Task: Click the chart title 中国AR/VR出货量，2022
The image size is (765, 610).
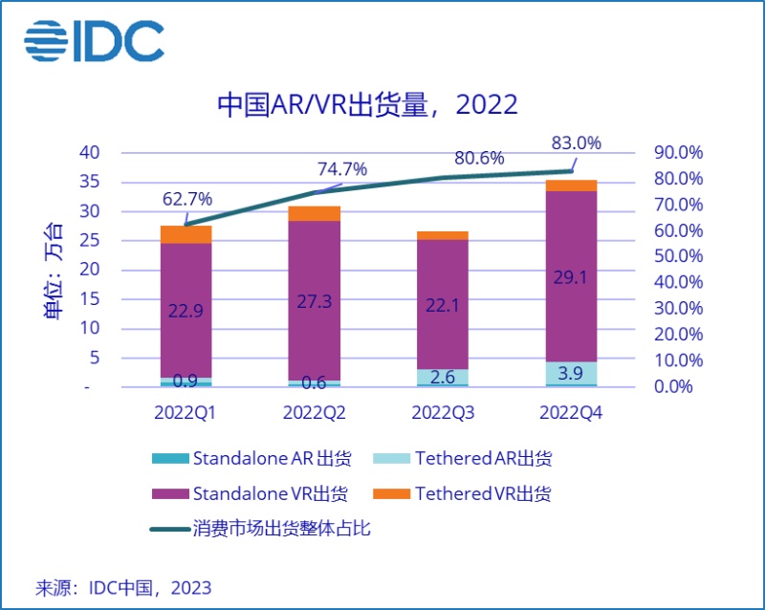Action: (x=367, y=104)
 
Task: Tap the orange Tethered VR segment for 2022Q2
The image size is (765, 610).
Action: (x=315, y=213)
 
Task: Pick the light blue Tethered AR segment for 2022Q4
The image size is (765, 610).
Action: (x=572, y=373)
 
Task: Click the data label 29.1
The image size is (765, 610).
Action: (x=572, y=278)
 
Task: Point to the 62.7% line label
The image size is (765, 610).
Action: (x=186, y=199)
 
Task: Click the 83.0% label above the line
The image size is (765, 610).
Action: (x=576, y=143)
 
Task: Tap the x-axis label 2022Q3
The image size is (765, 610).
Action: (x=443, y=413)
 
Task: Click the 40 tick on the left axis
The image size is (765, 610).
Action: (x=89, y=153)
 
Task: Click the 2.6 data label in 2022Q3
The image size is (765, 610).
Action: (x=443, y=378)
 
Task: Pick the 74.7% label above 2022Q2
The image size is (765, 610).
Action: (x=341, y=169)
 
